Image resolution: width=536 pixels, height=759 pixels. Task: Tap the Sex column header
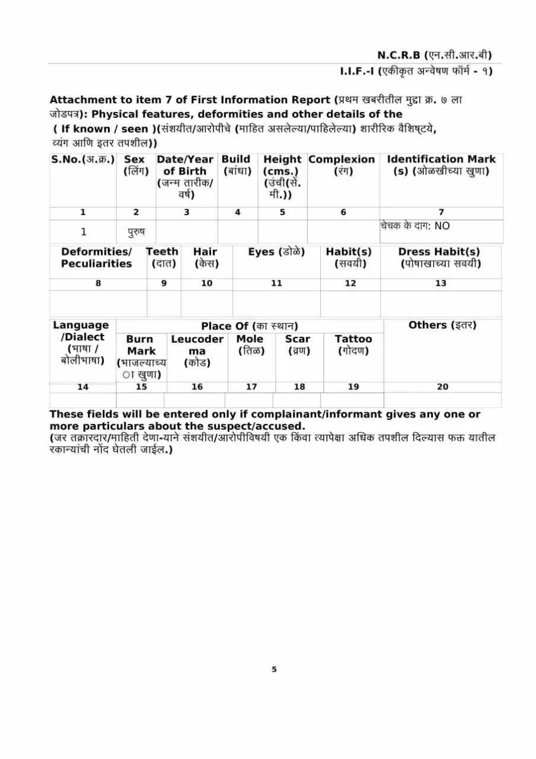(135, 165)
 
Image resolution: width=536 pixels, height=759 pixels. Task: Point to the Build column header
(236, 165)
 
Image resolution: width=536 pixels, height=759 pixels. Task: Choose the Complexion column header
(342, 165)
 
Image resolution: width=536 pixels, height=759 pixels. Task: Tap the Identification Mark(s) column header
(441, 165)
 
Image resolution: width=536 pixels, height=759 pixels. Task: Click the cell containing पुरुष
(136, 231)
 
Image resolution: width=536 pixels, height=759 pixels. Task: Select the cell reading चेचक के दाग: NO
(415, 226)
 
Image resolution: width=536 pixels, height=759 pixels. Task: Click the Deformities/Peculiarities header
(97, 258)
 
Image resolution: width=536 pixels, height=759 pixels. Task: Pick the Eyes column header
(276, 252)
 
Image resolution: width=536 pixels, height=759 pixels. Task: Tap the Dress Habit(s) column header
(439, 257)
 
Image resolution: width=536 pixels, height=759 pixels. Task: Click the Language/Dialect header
(81, 342)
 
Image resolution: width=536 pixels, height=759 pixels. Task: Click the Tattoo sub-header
(353, 345)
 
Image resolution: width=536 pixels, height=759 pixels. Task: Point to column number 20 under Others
(442, 387)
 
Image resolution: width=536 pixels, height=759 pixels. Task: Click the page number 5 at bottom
(274, 669)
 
